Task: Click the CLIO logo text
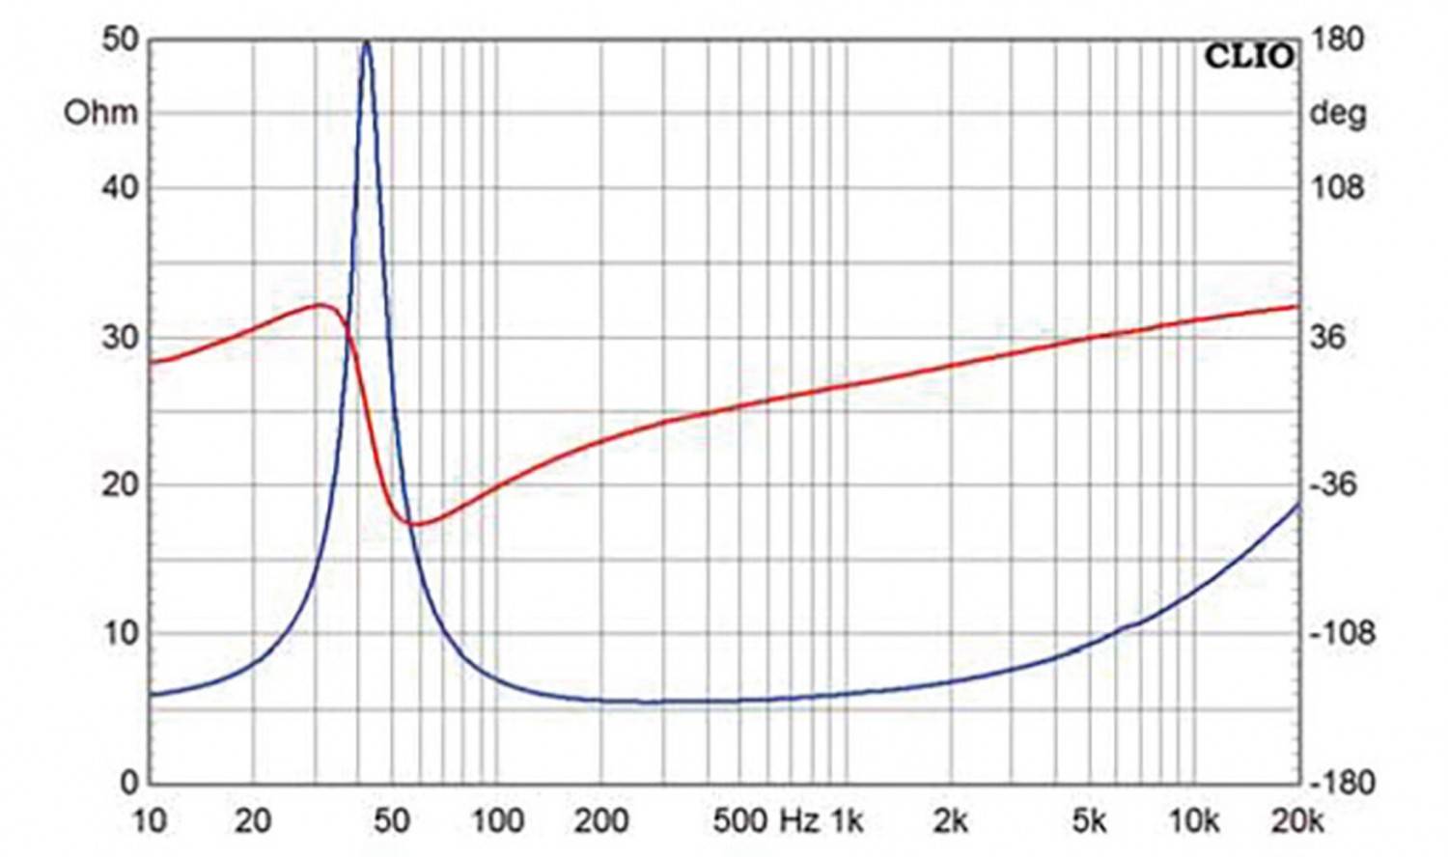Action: tap(1249, 57)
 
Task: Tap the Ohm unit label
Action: tap(100, 113)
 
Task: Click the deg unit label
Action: tap(1337, 114)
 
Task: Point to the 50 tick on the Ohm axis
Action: tap(120, 40)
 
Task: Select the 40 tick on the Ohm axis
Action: tap(120, 187)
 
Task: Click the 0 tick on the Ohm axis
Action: tap(129, 783)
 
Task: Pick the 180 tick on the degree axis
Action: tap(1337, 40)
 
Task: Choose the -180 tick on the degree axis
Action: tap(1341, 783)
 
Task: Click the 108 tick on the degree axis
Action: tap(1337, 187)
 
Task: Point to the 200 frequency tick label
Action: tap(600, 821)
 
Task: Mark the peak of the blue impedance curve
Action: tap(366, 42)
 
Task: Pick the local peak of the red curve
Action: tap(321, 305)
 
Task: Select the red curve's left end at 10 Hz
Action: tap(153, 363)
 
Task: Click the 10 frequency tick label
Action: tap(149, 821)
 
